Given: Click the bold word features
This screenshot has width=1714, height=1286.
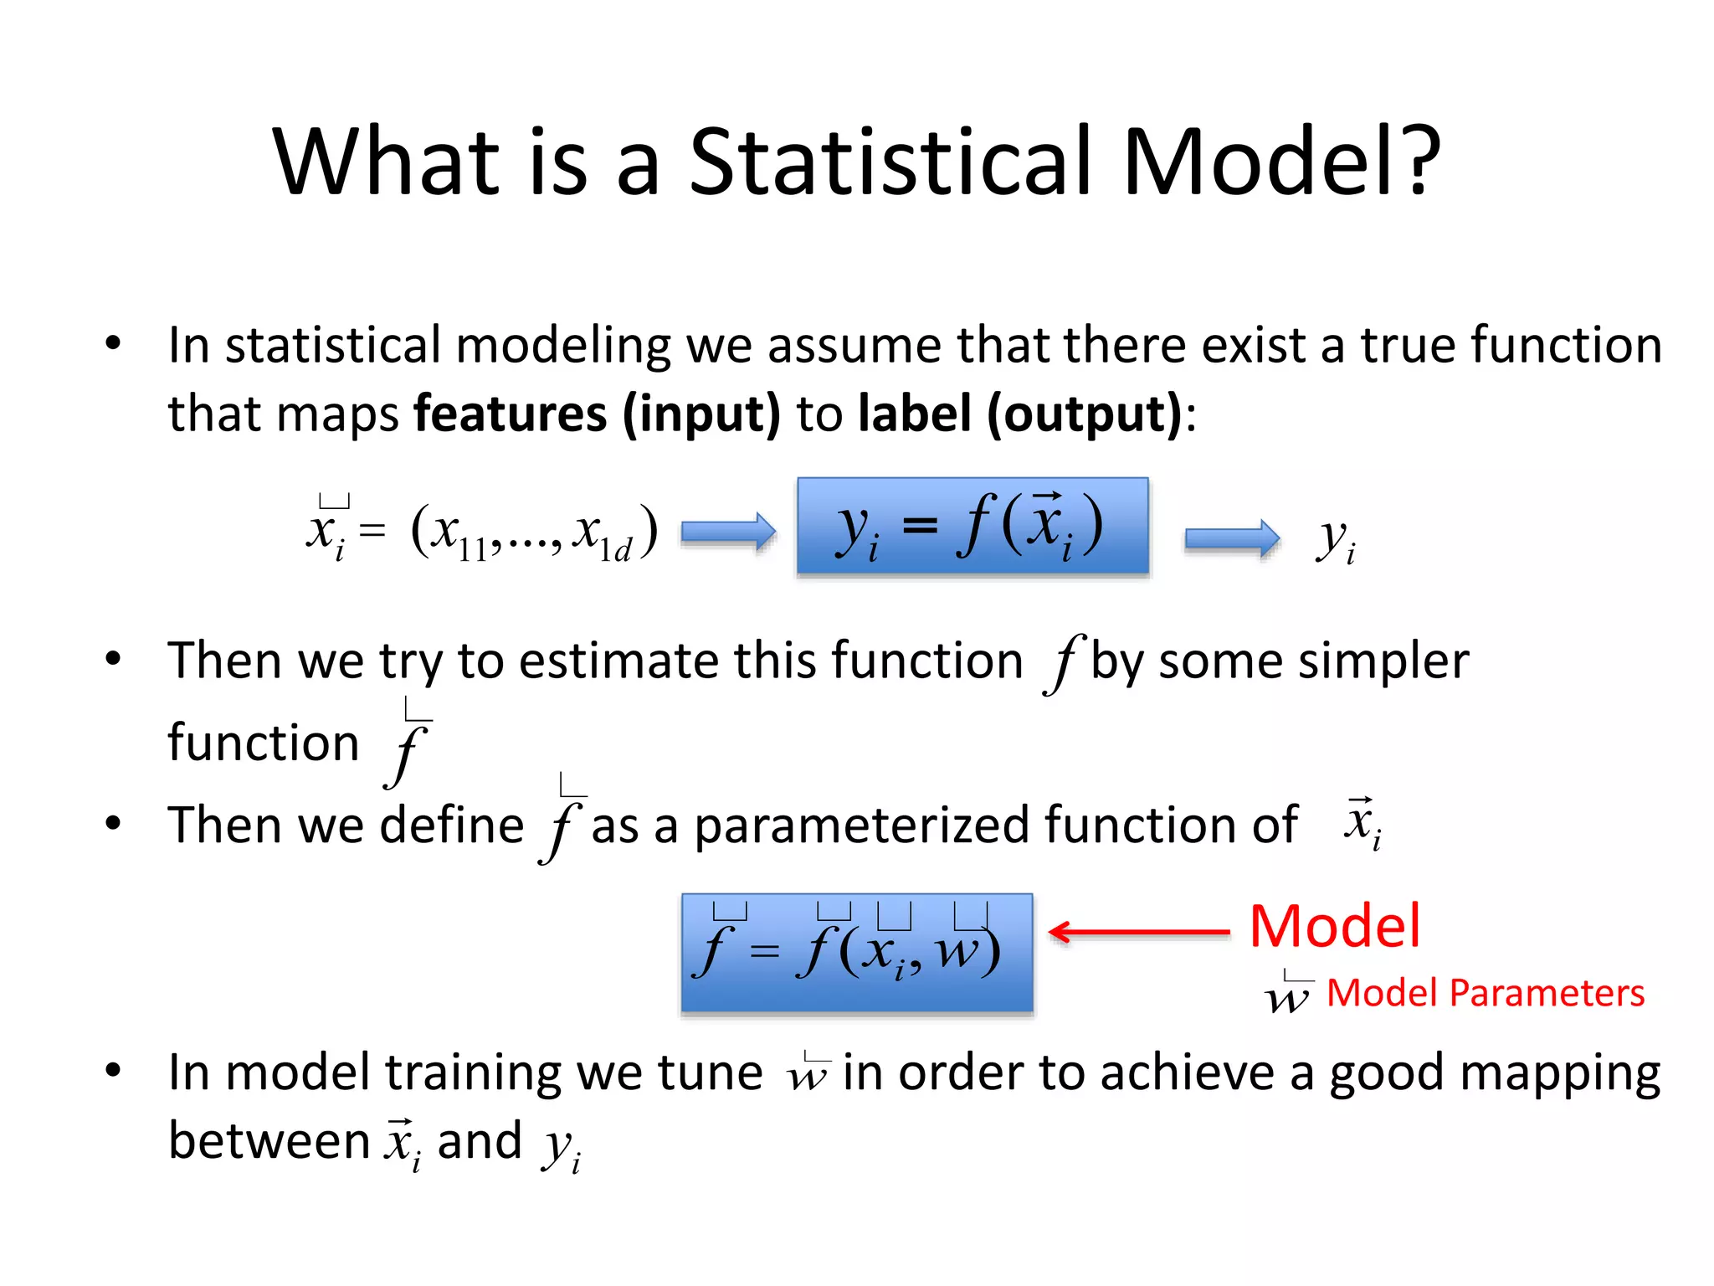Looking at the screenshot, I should [x=511, y=414].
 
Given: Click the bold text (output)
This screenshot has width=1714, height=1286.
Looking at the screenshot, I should [x=1085, y=414].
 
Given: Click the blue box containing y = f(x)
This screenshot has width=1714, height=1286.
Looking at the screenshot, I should [x=972, y=526].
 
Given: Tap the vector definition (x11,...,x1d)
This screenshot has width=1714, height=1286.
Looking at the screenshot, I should [x=534, y=532].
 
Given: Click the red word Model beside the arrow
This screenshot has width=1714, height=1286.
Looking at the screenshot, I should [x=1334, y=926].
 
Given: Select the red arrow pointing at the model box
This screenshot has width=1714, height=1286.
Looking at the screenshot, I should [x=1138, y=931].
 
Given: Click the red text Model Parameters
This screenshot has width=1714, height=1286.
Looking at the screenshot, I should [x=1485, y=993].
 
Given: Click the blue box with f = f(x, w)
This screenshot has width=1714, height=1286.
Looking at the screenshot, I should [x=857, y=953].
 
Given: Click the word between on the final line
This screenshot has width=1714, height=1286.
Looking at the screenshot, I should [x=269, y=1140].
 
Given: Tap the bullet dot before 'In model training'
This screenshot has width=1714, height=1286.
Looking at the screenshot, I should [x=114, y=1070].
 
